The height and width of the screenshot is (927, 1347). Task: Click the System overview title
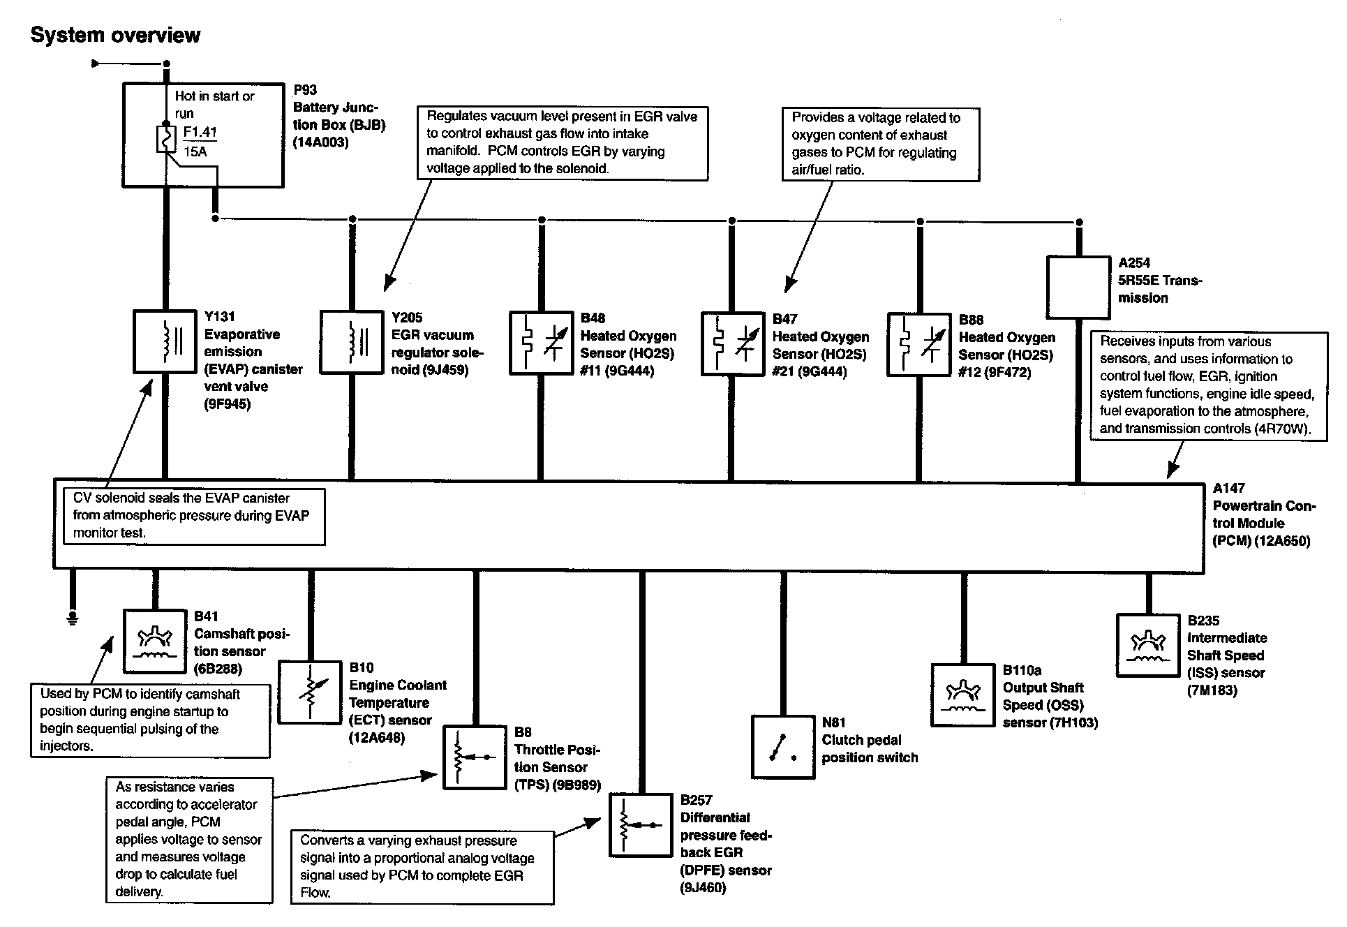[115, 35]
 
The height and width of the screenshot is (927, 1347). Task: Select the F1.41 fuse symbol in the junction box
[166, 139]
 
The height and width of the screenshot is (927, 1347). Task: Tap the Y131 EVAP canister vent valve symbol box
[165, 341]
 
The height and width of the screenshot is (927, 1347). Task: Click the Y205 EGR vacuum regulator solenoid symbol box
[352, 342]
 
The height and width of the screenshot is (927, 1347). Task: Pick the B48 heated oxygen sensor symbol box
[541, 343]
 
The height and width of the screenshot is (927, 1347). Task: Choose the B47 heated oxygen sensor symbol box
[731, 344]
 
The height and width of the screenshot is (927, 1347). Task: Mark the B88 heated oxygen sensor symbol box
[918, 344]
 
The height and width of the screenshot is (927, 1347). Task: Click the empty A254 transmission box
[1078, 287]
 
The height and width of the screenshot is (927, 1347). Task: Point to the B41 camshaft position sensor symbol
[155, 640]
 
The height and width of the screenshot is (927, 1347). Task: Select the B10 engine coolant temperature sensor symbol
[309, 692]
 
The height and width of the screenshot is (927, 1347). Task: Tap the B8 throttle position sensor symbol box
[475, 757]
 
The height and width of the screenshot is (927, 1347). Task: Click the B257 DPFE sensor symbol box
[641, 824]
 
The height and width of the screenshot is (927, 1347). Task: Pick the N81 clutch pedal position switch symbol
[782, 746]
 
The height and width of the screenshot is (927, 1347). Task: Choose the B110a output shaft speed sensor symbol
[963, 695]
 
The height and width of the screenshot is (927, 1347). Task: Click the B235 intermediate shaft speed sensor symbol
[1147, 645]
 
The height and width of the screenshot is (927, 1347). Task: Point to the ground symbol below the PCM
[72, 617]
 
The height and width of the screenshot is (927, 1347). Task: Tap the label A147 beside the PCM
[1228, 488]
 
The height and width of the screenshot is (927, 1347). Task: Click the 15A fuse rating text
[195, 151]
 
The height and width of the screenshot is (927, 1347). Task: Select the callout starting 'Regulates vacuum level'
[563, 142]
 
